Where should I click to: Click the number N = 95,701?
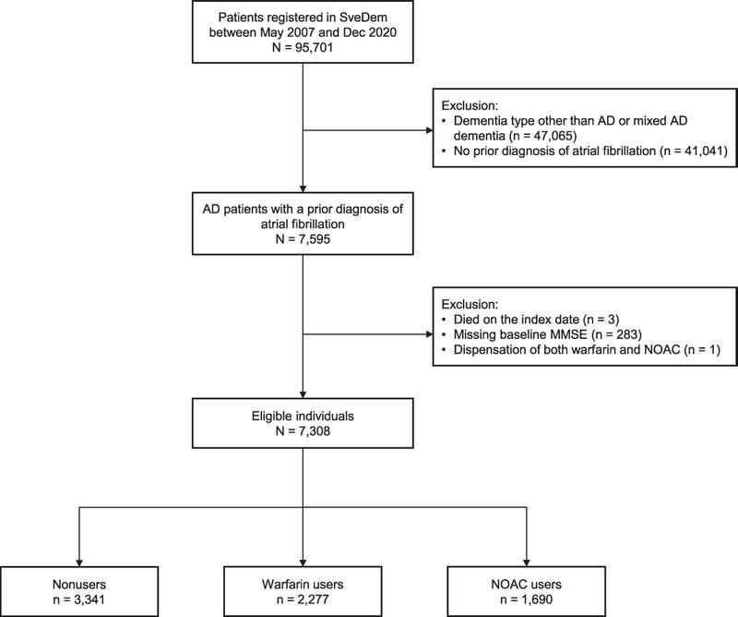303,48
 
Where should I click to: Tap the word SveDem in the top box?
363,18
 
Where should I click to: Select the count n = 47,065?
542,136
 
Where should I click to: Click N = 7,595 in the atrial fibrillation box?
303,239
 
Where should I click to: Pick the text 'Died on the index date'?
517,320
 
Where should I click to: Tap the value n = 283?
615,334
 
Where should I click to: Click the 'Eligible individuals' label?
303,417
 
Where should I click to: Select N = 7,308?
303,430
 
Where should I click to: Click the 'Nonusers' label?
79,585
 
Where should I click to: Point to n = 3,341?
79,599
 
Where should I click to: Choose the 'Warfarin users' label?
303,585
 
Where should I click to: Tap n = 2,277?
303,599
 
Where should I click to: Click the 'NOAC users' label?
526,585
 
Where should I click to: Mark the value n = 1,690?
526,599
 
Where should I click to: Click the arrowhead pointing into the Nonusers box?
79,563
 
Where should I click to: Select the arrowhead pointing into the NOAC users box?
526,563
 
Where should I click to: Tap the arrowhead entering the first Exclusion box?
429,130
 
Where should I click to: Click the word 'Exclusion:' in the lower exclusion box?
470,305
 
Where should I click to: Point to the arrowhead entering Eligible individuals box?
303,394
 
